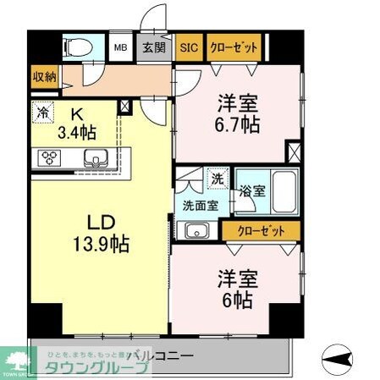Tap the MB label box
(x=122, y=47)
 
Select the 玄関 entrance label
(x=152, y=47)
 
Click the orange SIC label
(x=189, y=47)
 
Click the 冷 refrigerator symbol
(x=43, y=110)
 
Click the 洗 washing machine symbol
(x=218, y=179)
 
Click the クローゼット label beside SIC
(x=233, y=47)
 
